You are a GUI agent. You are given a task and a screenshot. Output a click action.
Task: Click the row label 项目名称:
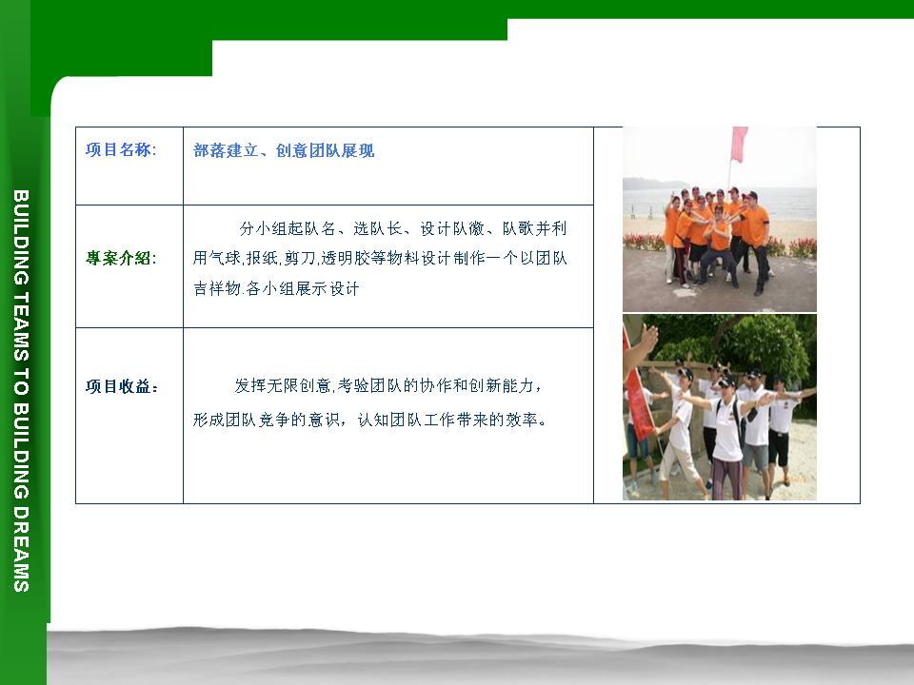[121, 150]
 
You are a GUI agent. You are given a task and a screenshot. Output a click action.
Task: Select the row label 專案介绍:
[121, 258]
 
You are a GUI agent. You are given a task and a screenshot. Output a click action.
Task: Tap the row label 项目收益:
[122, 386]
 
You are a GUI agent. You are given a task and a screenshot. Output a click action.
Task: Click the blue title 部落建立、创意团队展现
[284, 151]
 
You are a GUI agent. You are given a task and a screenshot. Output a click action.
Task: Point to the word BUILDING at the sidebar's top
[21, 237]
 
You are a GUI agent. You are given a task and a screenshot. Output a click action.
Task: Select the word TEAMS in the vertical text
[21, 326]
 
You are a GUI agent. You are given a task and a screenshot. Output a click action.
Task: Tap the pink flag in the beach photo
[739, 144]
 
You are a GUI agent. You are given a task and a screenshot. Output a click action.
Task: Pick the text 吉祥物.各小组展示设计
[276, 288]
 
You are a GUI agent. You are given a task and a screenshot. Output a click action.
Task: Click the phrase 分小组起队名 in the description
[288, 228]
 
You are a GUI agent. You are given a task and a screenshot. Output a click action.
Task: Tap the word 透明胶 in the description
[345, 258]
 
